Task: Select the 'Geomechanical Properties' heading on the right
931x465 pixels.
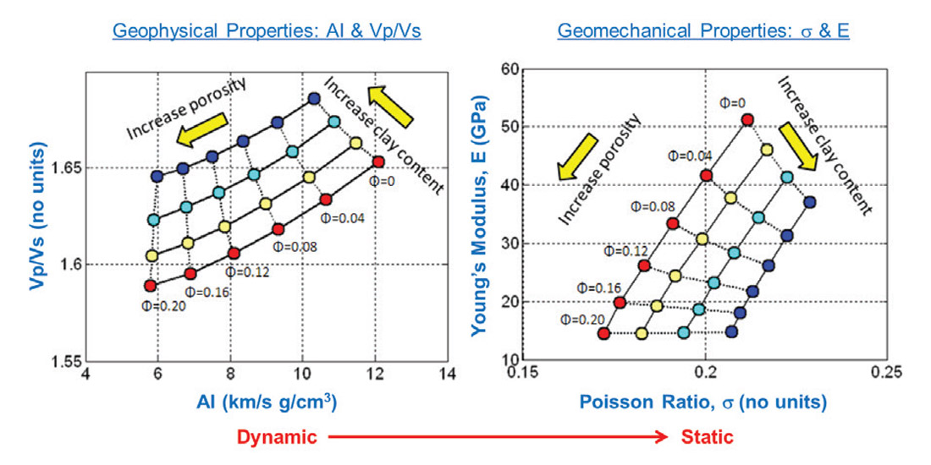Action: pyautogui.click(x=702, y=31)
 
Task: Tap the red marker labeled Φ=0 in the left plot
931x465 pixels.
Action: pyautogui.click(x=378, y=161)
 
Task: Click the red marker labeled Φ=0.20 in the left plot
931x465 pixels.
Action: pyautogui.click(x=151, y=286)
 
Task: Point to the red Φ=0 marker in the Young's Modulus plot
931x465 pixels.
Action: pyautogui.click(x=747, y=120)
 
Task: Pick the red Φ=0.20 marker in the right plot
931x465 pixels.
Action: pyautogui.click(x=603, y=333)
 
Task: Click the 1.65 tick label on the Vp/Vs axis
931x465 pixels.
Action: pyautogui.click(x=66, y=168)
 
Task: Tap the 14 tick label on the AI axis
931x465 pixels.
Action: pyautogui.click(x=448, y=374)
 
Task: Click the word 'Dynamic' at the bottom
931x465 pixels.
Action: pyautogui.click(x=277, y=437)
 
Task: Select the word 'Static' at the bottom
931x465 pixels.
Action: pyautogui.click(x=708, y=437)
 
